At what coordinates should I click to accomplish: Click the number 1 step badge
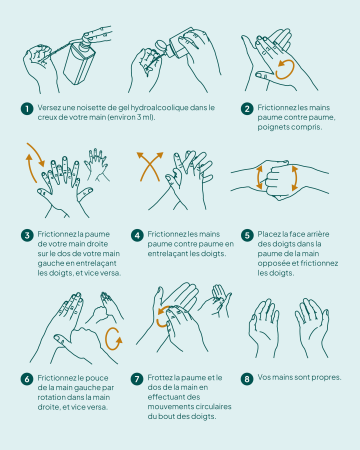[27, 109]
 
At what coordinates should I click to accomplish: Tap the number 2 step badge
[247, 109]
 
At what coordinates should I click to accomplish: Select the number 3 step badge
[27, 235]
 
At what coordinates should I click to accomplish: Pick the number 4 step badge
[137, 235]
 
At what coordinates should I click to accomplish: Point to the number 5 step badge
[247, 235]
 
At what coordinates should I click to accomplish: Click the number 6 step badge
[27, 379]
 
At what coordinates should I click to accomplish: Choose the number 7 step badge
[137, 379]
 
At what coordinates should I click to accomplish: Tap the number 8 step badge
[247, 379]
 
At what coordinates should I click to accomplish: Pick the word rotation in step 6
[50, 397]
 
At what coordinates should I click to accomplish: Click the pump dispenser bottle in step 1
[80, 62]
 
